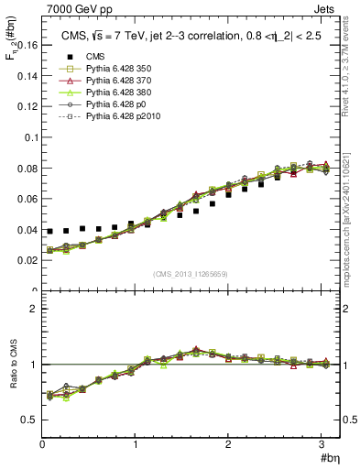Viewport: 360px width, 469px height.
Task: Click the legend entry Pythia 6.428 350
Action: point(104,69)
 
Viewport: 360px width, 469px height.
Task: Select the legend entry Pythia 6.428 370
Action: point(104,81)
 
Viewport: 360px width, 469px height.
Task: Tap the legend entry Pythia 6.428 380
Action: point(104,93)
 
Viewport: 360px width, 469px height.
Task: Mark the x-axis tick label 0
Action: point(42,443)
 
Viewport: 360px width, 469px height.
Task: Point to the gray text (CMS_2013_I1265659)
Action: point(191,274)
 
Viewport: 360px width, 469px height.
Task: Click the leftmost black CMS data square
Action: point(50,232)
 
